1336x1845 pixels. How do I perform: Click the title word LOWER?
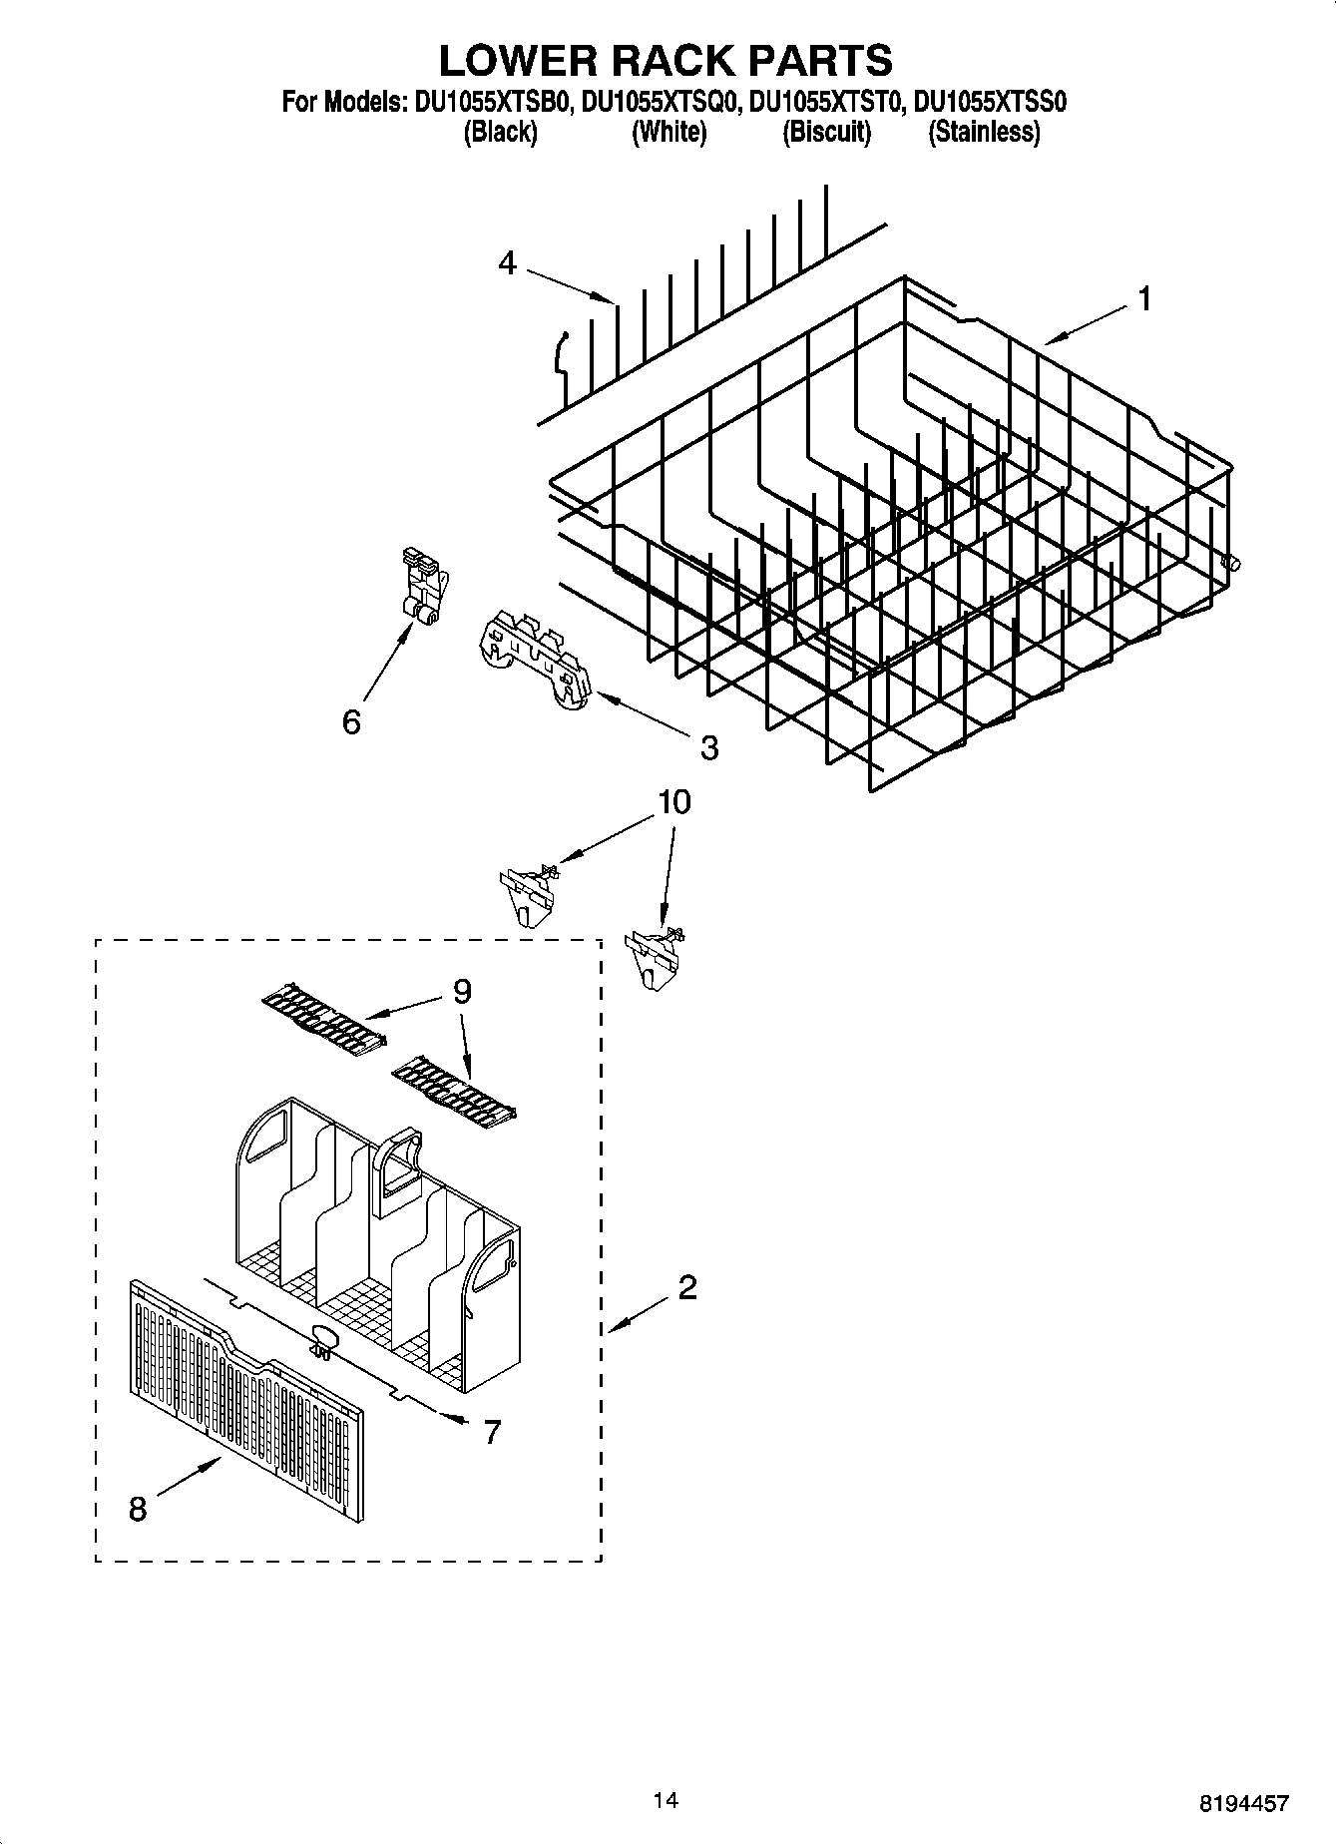click(517, 61)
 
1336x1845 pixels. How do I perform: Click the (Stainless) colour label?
click(984, 133)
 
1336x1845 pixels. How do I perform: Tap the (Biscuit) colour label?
click(826, 133)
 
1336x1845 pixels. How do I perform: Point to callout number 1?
click(1144, 297)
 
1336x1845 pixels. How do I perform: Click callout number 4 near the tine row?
click(508, 263)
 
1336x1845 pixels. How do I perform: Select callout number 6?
click(351, 721)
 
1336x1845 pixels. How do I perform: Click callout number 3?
click(708, 747)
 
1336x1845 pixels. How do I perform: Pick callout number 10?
click(674, 802)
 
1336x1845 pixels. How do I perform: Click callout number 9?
click(461, 991)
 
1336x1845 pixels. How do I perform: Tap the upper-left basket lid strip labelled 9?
click(324, 1018)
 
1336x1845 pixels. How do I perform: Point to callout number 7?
click(491, 1432)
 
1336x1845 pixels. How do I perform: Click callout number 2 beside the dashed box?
click(686, 1287)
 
